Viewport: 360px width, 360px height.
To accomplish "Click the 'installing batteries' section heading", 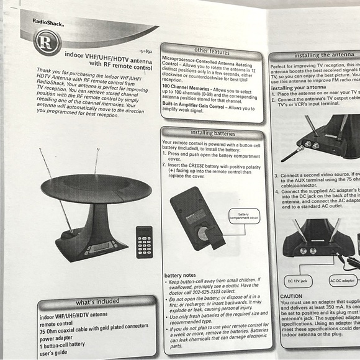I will tap(212, 133).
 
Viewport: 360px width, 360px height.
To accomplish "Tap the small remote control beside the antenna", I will tap(145, 241).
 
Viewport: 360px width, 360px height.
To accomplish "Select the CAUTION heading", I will tap(291, 296).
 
